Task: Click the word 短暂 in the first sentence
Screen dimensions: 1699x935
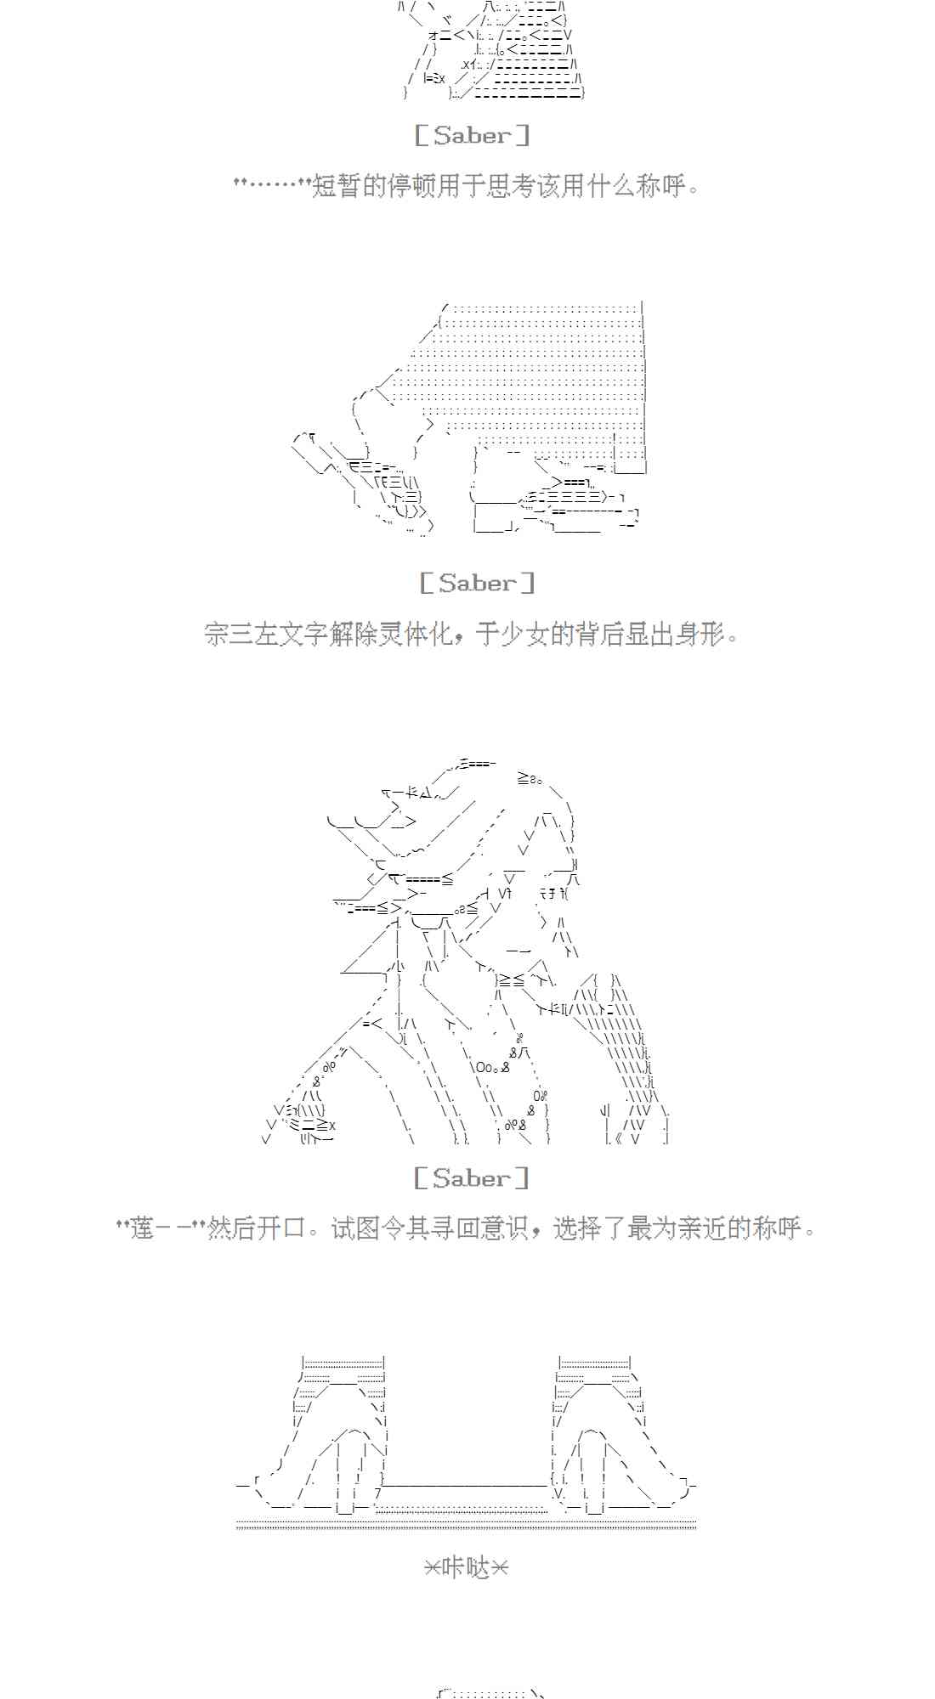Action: click(x=337, y=185)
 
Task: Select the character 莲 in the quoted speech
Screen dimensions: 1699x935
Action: click(x=142, y=1228)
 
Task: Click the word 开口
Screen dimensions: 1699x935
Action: click(x=280, y=1228)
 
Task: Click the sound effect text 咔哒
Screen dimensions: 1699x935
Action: click(x=467, y=1568)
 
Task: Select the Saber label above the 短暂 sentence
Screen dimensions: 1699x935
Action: click(x=472, y=135)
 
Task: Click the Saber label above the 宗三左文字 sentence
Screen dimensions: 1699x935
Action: click(x=477, y=583)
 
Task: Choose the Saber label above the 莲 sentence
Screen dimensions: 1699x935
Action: click(x=472, y=1178)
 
